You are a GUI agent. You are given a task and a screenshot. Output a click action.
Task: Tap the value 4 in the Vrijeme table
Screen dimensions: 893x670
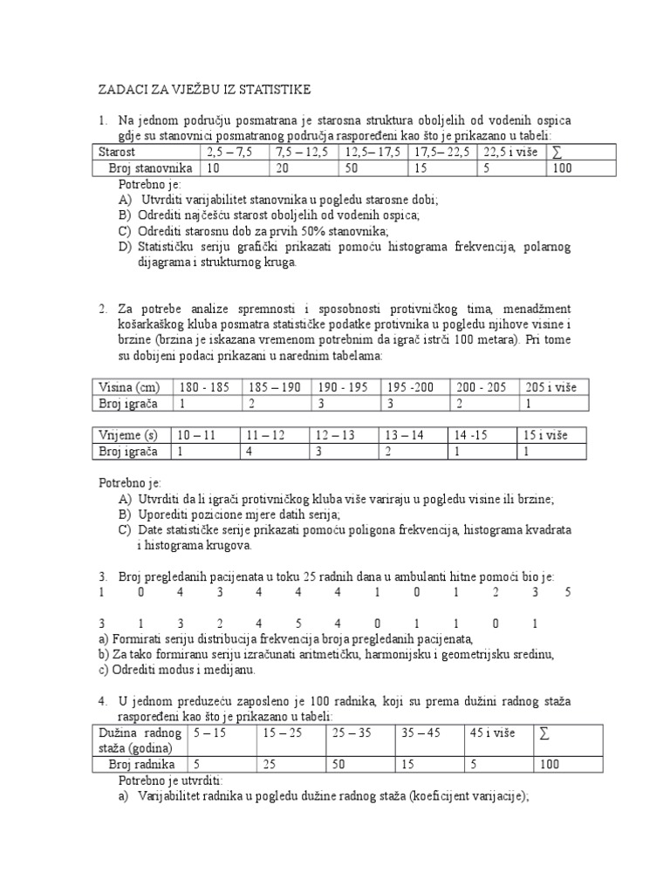(x=250, y=451)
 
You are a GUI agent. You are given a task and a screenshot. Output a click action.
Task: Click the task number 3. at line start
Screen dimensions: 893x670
(x=102, y=576)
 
